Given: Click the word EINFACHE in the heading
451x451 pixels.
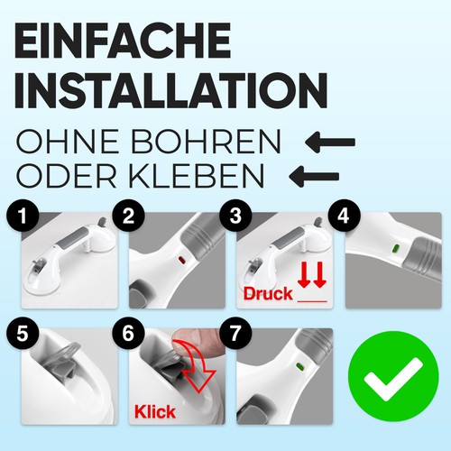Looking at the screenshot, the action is click(123, 41).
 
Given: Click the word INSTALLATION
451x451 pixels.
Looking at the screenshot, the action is click(171, 90).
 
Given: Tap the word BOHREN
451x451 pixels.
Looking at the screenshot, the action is click(206, 142).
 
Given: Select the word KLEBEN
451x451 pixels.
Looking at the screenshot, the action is click(197, 176).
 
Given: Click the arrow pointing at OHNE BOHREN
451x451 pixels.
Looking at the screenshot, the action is click(330, 142).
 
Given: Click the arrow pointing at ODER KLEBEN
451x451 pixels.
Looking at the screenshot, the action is click(314, 177).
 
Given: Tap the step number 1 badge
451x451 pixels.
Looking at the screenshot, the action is click(23, 216).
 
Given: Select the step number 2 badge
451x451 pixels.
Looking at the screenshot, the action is click(128, 216).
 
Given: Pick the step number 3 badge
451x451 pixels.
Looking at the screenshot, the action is click(235, 216).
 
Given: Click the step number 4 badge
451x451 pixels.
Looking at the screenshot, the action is click(344, 216).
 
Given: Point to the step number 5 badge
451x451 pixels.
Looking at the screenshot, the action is click(23, 333).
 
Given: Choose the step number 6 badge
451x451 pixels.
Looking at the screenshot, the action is click(128, 333).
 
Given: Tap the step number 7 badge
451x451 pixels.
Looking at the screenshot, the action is click(235, 333).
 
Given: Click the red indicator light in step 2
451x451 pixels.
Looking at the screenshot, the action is click(182, 260).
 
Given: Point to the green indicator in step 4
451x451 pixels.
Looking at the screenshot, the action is click(395, 248).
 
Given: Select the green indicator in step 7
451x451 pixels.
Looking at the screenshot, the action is click(299, 366).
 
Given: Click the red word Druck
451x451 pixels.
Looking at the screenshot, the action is click(268, 293).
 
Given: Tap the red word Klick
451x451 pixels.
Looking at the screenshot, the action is click(155, 411).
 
